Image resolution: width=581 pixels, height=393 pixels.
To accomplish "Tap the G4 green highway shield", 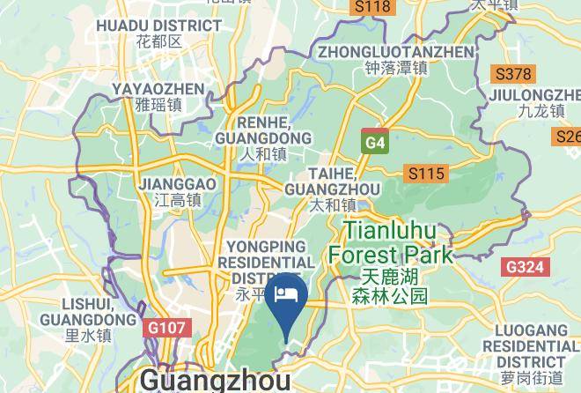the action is pyautogui.click(x=375, y=142).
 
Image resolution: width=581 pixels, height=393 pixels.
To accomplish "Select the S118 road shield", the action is pyautogui.click(x=371, y=7).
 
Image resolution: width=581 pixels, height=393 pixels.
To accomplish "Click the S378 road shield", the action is pyautogui.click(x=513, y=74).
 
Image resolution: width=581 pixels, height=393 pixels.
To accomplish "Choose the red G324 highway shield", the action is pyautogui.click(x=526, y=266).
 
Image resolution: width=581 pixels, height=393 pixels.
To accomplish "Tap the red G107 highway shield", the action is pyautogui.click(x=165, y=328).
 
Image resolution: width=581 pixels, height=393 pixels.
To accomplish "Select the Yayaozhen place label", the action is pyautogui.click(x=158, y=96).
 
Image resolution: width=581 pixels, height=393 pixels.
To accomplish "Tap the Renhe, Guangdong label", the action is pyautogui.click(x=263, y=138).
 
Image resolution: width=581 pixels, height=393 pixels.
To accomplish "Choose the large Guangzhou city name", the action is pyautogui.click(x=215, y=381).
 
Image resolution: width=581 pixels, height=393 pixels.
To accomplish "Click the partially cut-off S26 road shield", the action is pyautogui.click(x=569, y=137).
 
